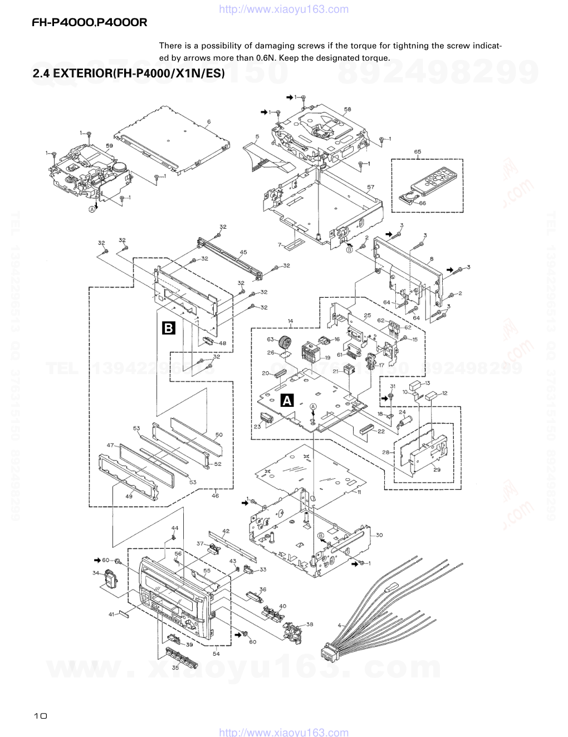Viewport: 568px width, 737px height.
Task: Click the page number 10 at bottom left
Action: pos(40,716)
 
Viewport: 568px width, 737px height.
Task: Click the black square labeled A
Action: pos(287,400)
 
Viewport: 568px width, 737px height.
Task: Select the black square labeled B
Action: pos(168,328)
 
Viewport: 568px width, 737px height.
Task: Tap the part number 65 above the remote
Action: pos(418,151)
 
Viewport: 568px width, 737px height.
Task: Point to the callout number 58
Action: pos(347,109)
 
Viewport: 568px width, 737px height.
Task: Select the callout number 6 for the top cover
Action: pos(209,121)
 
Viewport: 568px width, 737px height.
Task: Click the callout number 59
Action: pos(110,146)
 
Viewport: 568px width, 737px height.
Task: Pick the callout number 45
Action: pos(243,252)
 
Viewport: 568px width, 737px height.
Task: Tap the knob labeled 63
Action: pos(286,341)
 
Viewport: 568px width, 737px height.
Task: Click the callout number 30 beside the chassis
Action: pos(379,535)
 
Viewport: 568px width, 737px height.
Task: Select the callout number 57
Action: pos(371,187)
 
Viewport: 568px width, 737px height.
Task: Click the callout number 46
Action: pos(215,495)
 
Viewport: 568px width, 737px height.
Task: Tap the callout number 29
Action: pos(437,470)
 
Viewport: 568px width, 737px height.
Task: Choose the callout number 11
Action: pos(360,493)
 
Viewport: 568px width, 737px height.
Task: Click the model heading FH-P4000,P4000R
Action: pos(89,23)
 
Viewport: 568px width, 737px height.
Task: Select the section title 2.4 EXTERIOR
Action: pos(129,74)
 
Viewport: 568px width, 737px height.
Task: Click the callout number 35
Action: pos(175,667)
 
